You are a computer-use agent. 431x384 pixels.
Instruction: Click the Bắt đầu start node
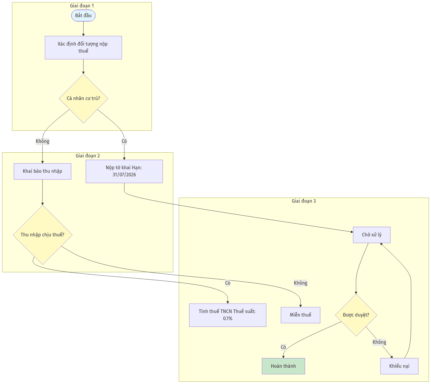83,16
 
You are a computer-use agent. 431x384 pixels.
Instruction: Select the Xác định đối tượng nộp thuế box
83,47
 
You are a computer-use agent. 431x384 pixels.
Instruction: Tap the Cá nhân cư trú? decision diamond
83,98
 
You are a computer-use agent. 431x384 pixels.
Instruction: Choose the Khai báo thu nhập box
42,171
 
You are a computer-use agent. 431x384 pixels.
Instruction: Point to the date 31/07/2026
124,175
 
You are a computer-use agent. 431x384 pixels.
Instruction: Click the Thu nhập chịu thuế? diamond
43,235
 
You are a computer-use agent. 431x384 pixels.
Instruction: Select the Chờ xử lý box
372,235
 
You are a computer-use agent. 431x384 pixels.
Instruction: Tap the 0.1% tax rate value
228,318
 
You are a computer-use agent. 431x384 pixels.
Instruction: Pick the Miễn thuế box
300,315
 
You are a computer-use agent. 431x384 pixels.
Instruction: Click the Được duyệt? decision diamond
356,315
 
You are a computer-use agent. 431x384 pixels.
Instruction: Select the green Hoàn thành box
283,366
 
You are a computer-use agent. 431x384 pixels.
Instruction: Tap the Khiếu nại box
399,366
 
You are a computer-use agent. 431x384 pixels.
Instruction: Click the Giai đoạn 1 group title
82,6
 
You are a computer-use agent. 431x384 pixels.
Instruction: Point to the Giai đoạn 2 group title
88,156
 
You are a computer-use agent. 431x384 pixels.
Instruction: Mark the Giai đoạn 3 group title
304,201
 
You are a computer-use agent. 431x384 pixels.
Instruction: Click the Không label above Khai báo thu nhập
43,141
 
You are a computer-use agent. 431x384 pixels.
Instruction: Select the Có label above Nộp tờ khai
124,141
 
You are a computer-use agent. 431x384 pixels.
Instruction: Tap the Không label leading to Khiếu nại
379,342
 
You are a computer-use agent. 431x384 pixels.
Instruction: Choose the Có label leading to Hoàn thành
283,347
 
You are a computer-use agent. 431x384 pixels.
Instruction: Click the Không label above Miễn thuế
301,283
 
